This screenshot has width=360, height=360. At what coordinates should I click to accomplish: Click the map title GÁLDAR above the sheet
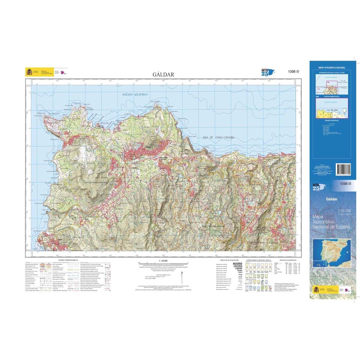[x=163, y=74]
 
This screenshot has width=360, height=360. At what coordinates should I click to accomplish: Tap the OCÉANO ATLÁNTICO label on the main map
[x=135, y=94]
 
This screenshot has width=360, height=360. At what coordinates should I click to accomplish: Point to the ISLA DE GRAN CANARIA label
[x=218, y=137]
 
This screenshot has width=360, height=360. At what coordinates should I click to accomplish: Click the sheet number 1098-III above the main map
[x=293, y=71]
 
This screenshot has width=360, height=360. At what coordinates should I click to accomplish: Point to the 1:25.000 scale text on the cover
[x=344, y=211]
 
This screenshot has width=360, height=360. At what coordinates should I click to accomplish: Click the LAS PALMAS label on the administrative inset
[x=332, y=110]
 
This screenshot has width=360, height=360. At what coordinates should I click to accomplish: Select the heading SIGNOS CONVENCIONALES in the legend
[x=68, y=260]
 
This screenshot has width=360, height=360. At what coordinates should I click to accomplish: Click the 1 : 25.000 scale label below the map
[x=163, y=261]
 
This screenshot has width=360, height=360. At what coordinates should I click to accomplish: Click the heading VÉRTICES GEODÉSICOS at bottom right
[x=288, y=260]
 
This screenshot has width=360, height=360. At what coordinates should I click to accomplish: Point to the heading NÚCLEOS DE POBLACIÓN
[x=229, y=260]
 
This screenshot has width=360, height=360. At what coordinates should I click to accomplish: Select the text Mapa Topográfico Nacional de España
[x=331, y=222]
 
